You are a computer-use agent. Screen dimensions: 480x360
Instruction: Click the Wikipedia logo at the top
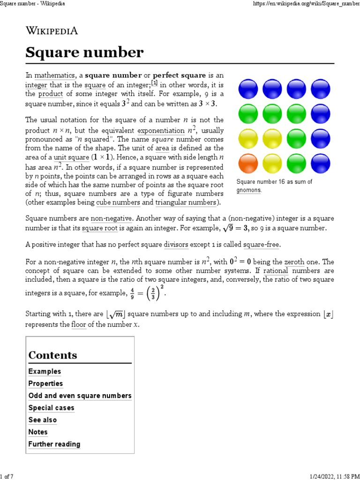pos(52,31)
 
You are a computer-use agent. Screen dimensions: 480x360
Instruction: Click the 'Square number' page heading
pos(84,53)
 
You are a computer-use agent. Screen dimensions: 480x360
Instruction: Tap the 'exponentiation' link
pos(160,131)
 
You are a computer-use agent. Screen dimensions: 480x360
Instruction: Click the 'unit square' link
pos(71,157)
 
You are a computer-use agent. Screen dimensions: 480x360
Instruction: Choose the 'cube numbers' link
pos(118,202)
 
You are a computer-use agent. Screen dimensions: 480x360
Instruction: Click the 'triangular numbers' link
pos(186,202)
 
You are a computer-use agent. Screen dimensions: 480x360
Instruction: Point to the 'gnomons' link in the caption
pos(248,190)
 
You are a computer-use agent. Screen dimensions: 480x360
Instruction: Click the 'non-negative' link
pos(112,218)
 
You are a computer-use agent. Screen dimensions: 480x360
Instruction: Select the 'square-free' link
pos(262,245)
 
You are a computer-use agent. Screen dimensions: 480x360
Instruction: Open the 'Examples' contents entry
pos(45,371)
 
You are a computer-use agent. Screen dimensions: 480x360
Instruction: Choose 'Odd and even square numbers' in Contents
pos(80,396)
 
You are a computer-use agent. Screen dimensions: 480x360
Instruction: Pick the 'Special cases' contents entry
pos(51,408)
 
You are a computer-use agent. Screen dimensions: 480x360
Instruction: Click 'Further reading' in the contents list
pos(54,444)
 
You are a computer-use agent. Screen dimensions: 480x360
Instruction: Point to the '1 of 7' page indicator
pos(7,476)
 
